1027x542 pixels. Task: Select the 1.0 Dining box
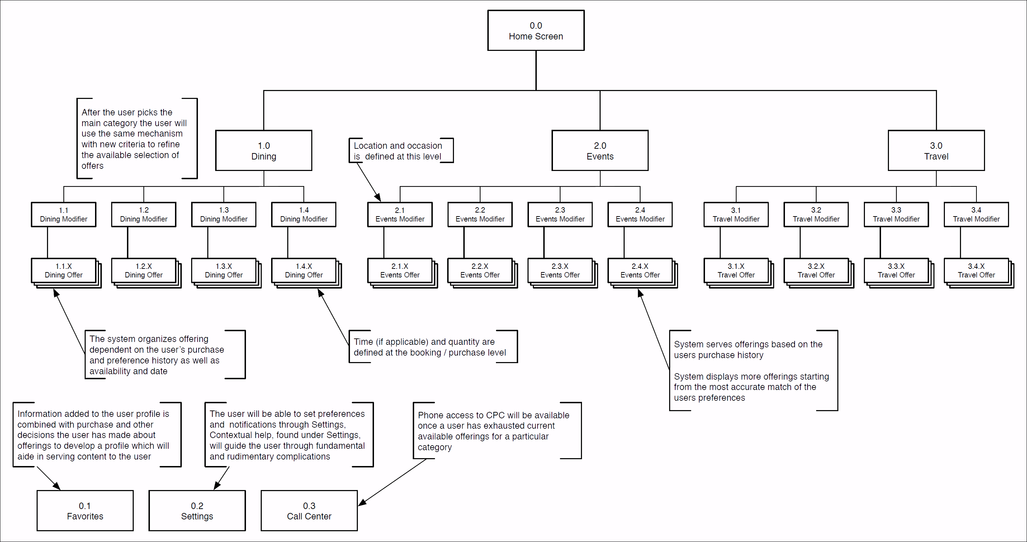point(264,151)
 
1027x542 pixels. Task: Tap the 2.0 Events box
point(600,151)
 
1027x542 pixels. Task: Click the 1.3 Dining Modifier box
point(224,214)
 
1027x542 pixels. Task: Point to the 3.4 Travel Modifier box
point(976,214)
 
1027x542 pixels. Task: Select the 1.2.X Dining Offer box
point(143,271)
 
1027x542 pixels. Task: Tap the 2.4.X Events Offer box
point(639,271)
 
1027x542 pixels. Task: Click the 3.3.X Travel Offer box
point(896,271)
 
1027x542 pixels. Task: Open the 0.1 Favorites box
point(85,510)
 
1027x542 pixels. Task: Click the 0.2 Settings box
point(197,510)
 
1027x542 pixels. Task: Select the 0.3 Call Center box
point(309,510)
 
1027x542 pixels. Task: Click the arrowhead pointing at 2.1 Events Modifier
point(378,197)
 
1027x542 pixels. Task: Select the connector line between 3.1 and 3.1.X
point(720,242)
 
